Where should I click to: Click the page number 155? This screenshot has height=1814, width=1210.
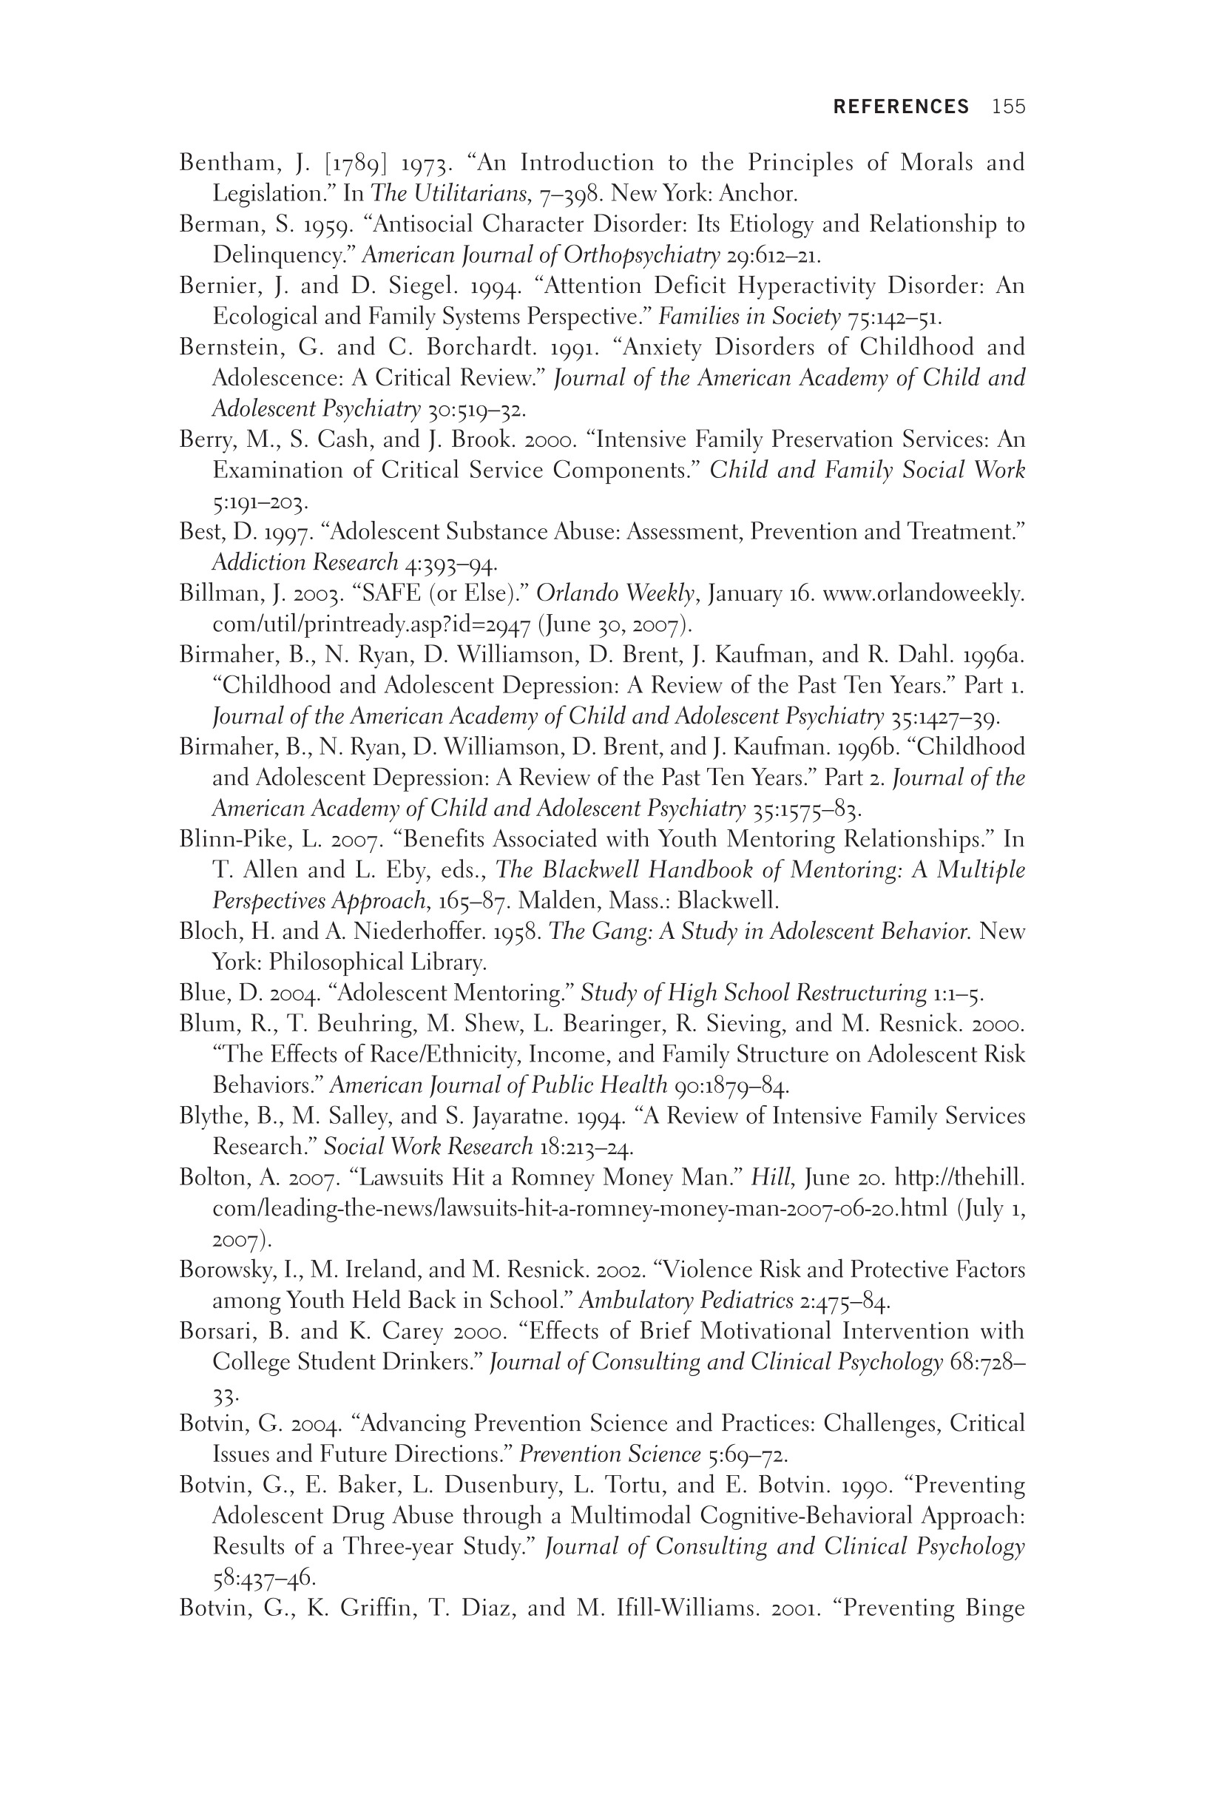pyautogui.click(x=1009, y=107)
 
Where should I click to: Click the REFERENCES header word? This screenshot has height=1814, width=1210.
pyautogui.click(x=901, y=107)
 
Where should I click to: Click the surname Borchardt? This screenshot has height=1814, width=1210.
pyautogui.click(x=481, y=348)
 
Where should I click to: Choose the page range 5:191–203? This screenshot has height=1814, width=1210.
pyautogui.click(x=260, y=502)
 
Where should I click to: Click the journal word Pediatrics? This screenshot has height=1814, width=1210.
pyautogui.click(x=746, y=1301)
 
